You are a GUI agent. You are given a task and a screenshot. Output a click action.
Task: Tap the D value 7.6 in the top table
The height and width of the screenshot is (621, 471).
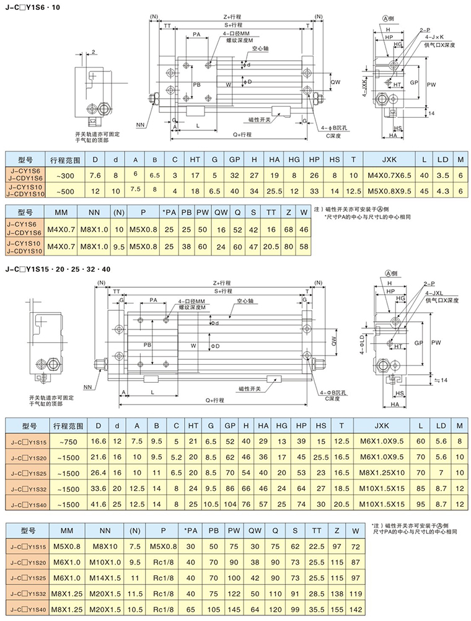[95, 176]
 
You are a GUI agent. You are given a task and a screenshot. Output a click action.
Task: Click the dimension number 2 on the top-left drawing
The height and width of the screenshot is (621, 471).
[93, 51]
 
